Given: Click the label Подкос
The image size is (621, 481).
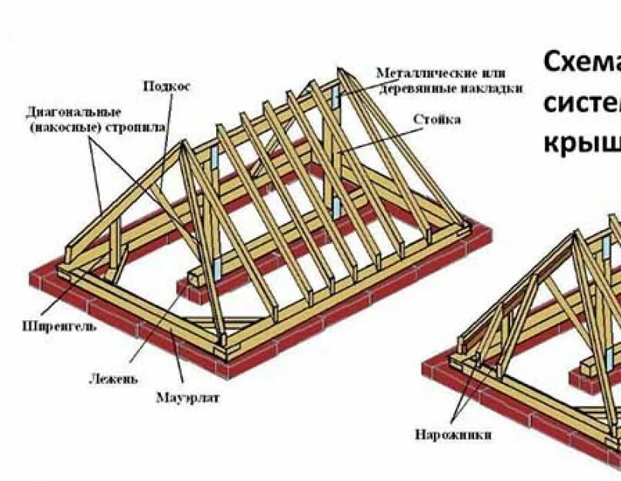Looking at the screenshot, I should (x=165, y=86).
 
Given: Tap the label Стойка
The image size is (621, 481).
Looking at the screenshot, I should (x=436, y=120).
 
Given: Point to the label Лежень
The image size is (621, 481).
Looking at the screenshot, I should (x=113, y=379).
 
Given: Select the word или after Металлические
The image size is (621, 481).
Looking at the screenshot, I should (x=496, y=73).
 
